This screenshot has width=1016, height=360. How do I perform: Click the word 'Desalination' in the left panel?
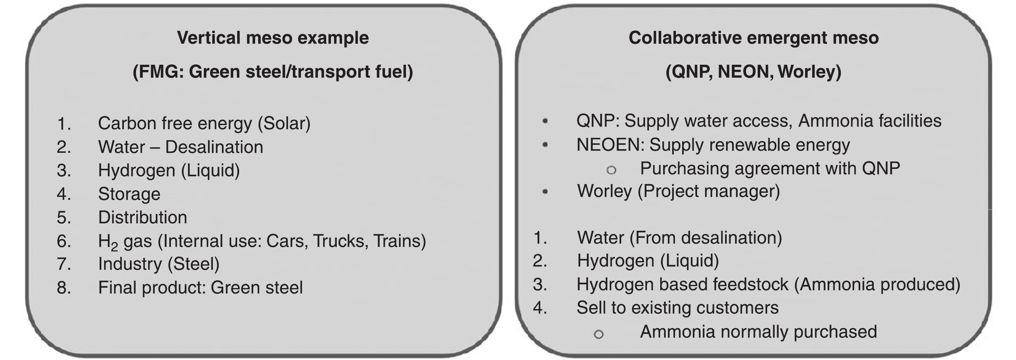coord(214,147)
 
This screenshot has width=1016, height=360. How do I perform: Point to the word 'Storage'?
coord(129,194)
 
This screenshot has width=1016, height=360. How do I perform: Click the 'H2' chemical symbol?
coord(108,242)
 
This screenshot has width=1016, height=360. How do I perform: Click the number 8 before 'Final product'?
coord(64,288)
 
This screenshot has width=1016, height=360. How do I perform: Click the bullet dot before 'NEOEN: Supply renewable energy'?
coord(545,145)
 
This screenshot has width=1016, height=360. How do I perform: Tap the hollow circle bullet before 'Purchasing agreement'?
coord(611,170)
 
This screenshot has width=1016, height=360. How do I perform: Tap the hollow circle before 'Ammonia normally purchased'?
coord(598,334)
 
